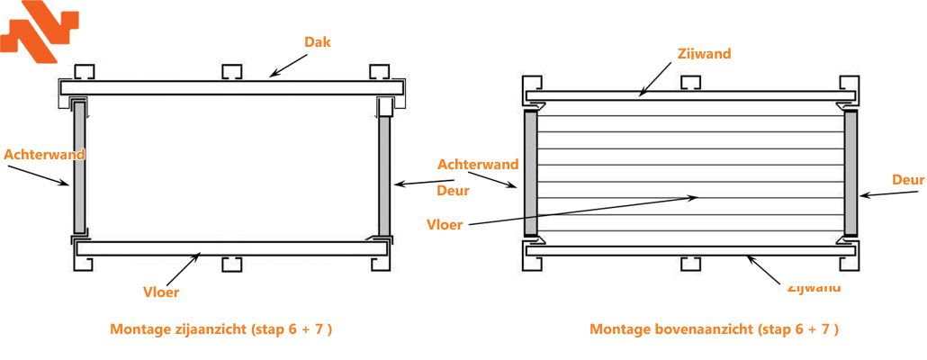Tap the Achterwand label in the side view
[44, 154]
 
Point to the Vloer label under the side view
[161, 292]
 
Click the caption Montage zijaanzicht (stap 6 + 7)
[221, 328]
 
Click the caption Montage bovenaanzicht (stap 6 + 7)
[714, 328]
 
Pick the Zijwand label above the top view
[704, 53]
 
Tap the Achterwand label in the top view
[478, 164]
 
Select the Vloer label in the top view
[446, 224]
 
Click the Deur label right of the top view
[907, 180]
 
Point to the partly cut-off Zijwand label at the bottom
[814, 288]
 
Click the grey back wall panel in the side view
[79, 167]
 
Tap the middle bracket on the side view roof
[231, 72]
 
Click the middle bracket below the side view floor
[231, 265]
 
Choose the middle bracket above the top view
[690, 83]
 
